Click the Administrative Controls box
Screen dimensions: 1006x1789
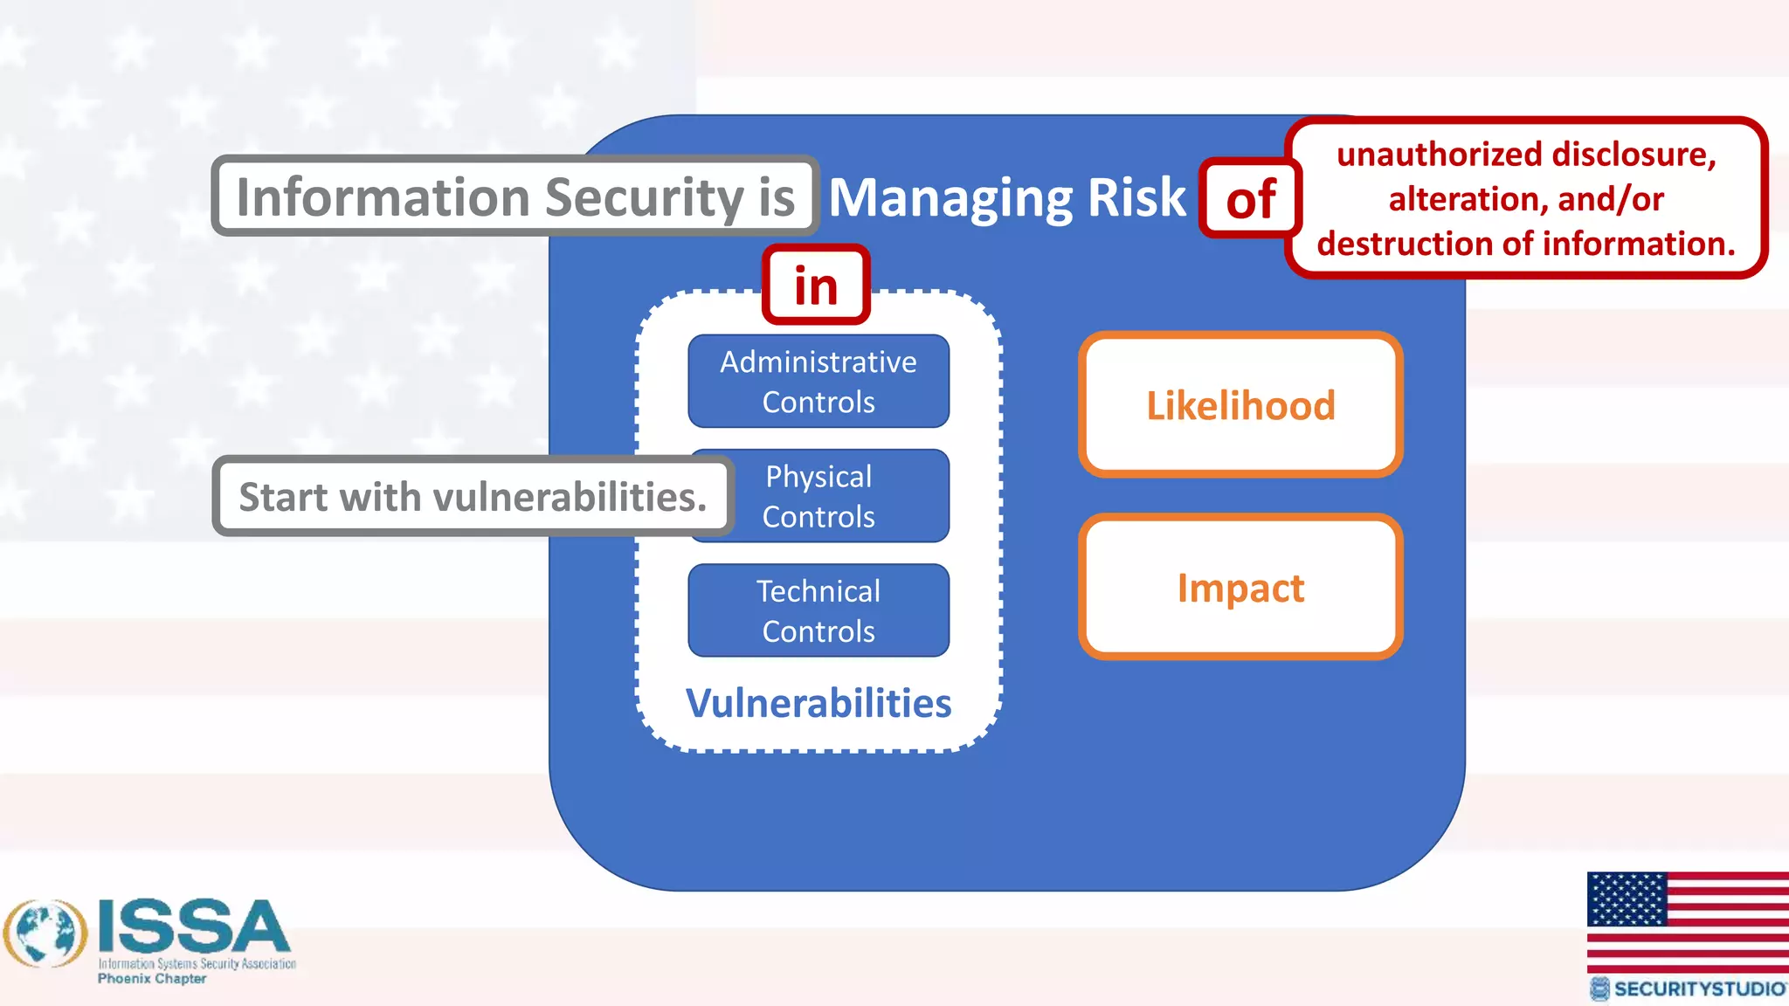pos(819,382)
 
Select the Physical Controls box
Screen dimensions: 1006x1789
pos(839,496)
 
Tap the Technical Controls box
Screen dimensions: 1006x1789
pos(819,610)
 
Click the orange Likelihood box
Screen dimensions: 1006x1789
pos(1240,405)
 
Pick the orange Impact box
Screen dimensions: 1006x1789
pos(1240,588)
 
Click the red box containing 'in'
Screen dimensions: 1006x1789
pos(816,286)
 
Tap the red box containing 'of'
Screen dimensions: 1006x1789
pos(1250,199)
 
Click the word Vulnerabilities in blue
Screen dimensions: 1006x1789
pos(819,703)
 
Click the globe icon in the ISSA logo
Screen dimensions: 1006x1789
pos(45,934)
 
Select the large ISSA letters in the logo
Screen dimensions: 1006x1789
pos(194,927)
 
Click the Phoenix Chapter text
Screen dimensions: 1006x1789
pos(152,979)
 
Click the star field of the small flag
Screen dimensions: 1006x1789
pos(1627,899)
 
